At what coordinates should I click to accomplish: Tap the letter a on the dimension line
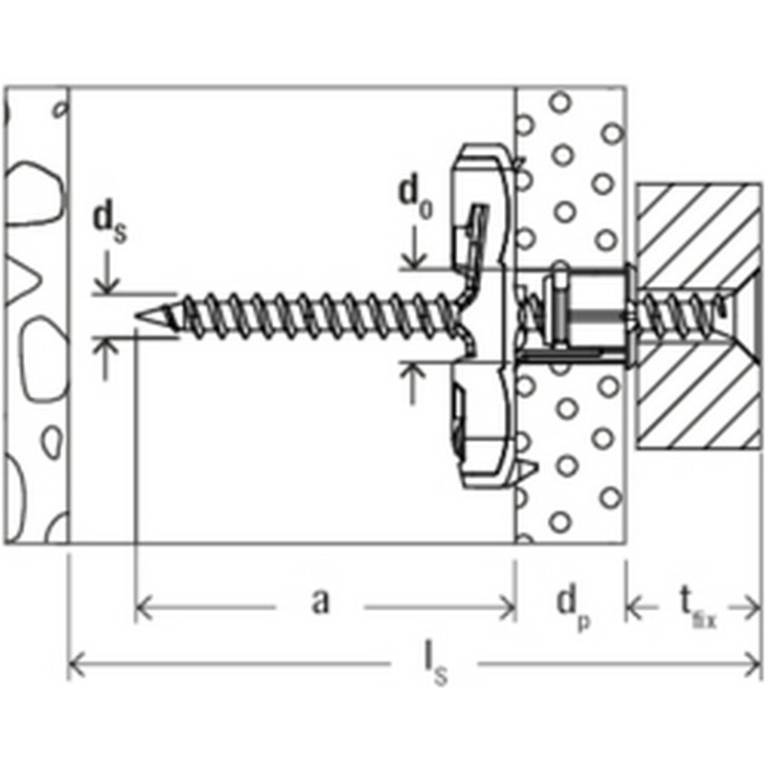(320, 601)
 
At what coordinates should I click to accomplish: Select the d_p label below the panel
(573, 607)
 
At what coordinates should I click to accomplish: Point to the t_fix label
(698, 607)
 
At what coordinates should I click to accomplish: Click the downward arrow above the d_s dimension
(106, 273)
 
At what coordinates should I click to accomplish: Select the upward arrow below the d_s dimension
(106, 360)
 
